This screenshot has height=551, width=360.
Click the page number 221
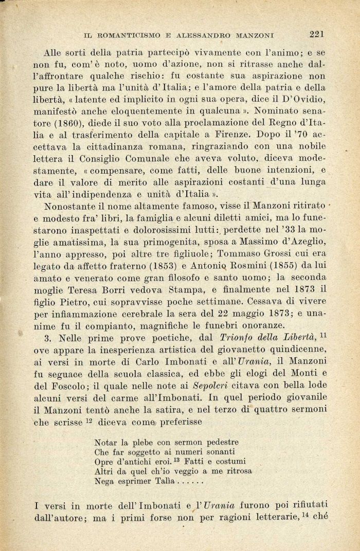(x=316, y=34)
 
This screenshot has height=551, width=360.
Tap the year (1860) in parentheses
(x=77, y=124)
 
